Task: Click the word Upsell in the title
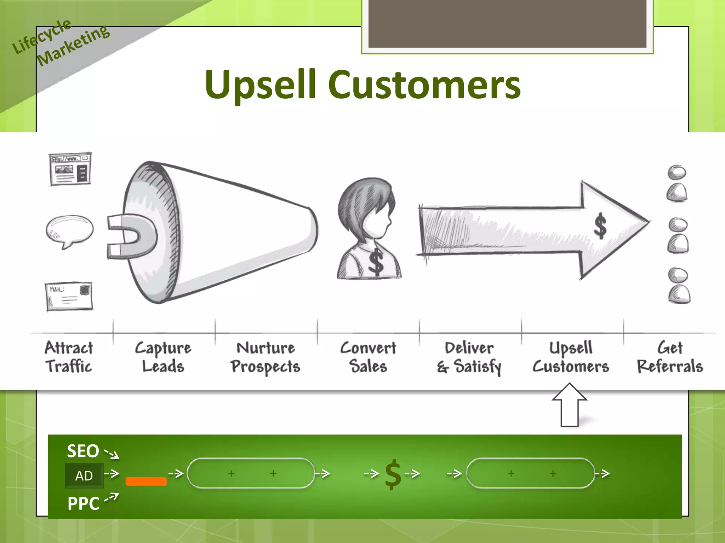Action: coord(260,85)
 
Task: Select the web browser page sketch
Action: coord(70,169)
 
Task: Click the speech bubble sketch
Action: coord(70,230)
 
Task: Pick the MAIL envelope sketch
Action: coord(69,296)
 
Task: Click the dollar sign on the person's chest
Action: coord(376,262)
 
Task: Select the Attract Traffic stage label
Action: coord(69,357)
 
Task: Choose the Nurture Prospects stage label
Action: coord(266,357)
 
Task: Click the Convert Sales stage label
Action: coord(368,357)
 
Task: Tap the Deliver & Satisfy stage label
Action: coord(469,357)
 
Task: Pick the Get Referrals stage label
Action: coord(670,357)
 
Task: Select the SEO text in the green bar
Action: coord(83,451)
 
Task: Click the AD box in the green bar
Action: coord(84,475)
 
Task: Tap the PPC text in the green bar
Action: coord(84,503)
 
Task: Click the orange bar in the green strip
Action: coord(146,481)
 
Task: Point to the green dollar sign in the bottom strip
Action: coord(393,474)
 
